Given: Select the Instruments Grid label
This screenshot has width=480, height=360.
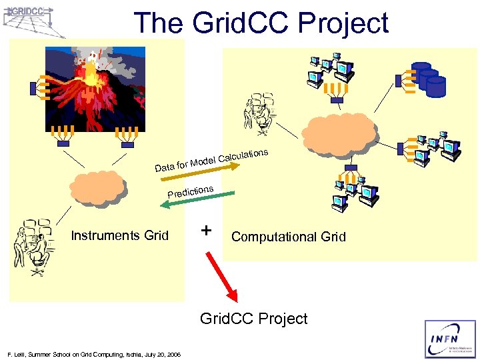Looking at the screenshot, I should [x=120, y=235].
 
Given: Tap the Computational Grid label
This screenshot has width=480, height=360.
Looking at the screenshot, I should [x=289, y=237].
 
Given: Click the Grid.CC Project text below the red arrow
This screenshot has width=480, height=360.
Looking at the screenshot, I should [x=254, y=319].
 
